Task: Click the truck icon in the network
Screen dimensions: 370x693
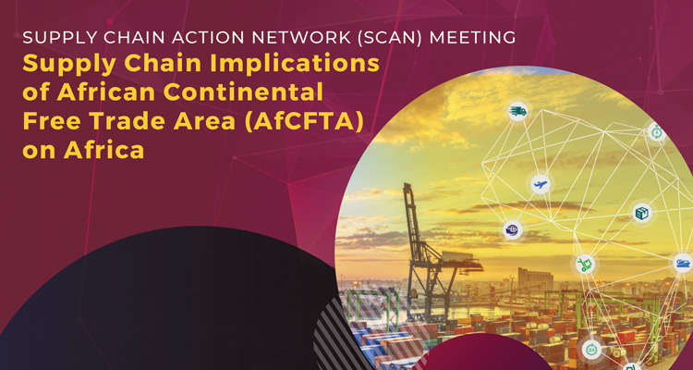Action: click(x=518, y=112)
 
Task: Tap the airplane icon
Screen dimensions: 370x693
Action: click(x=541, y=184)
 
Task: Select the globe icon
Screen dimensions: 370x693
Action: click(x=513, y=228)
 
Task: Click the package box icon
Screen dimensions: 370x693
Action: click(x=641, y=213)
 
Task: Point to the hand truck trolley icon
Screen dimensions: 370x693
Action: click(x=585, y=265)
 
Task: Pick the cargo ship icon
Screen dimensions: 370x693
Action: click(x=682, y=263)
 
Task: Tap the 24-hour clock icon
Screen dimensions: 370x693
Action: click(x=592, y=349)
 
